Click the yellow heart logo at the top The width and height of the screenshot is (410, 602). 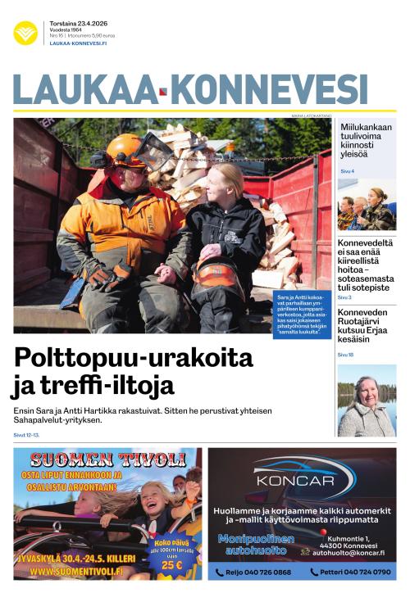(x=25, y=33)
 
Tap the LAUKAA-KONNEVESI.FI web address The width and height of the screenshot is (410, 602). (x=79, y=43)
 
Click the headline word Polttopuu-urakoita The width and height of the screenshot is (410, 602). (x=134, y=359)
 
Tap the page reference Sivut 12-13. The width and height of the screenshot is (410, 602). (x=26, y=435)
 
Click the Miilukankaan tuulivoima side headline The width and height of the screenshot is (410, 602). (x=366, y=139)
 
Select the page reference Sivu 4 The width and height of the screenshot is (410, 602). (x=347, y=171)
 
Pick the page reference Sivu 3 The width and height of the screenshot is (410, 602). (x=344, y=297)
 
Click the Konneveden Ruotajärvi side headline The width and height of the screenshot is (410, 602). (x=366, y=325)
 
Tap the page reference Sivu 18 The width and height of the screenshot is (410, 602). (x=345, y=355)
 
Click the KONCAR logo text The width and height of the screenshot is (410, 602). (x=303, y=483)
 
